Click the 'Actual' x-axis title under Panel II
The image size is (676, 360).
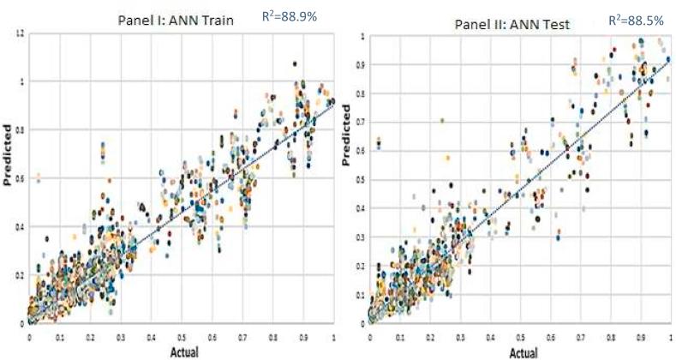[x=523, y=353]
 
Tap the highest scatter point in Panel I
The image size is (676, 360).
[x=295, y=63]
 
